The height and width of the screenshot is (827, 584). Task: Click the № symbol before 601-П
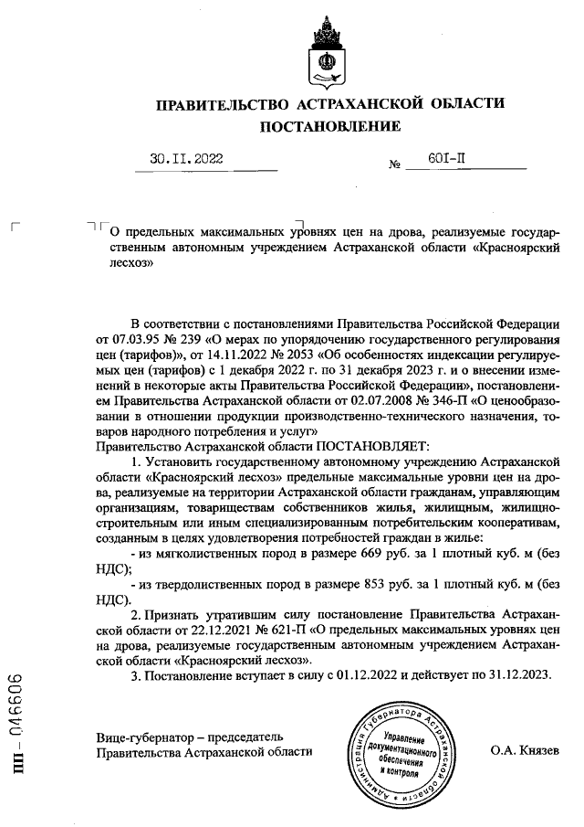[x=395, y=165]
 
